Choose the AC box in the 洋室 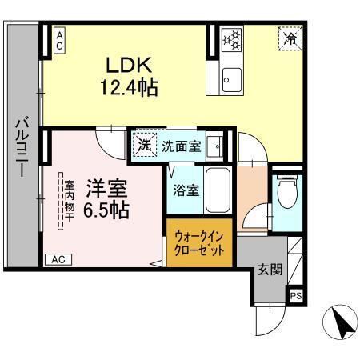click(x=58, y=259)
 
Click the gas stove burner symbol click(x=233, y=38)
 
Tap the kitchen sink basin click(x=232, y=78)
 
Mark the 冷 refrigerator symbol click(x=290, y=38)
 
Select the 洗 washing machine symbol click(x=145, y=146)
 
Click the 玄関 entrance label click(x=270, y=270)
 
